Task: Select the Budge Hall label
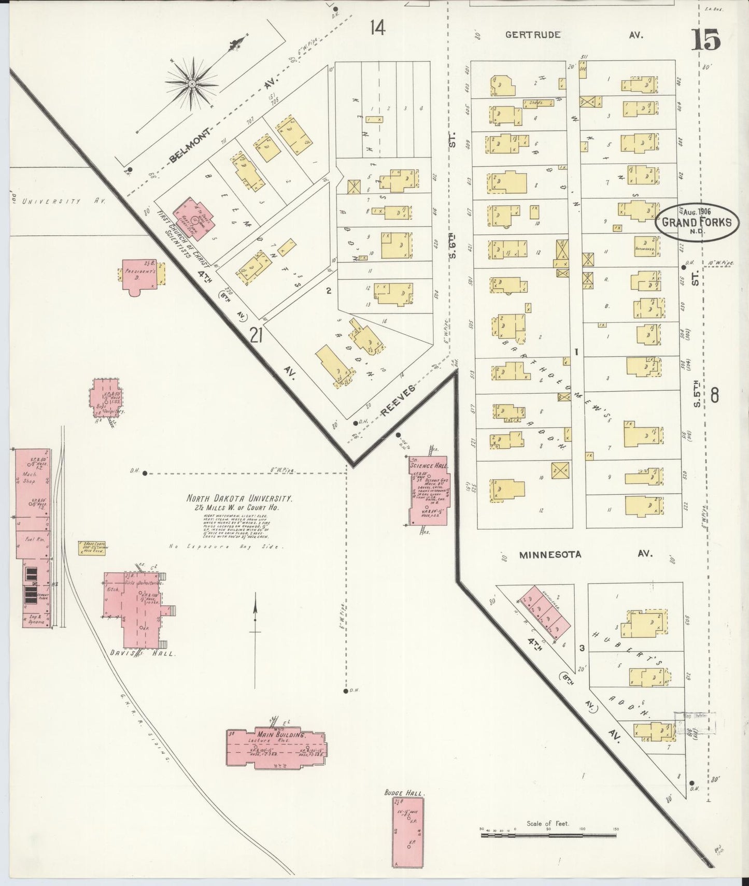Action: (404, 793)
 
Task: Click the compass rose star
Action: (192, 83)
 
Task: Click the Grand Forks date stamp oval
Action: (697, 222)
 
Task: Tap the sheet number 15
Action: (705, 40)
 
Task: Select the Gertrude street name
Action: (533, 35)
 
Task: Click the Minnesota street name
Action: (550, 554)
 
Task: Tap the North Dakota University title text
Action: (239, 498)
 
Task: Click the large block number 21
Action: (256, 336)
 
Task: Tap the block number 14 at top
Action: (377, 28)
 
